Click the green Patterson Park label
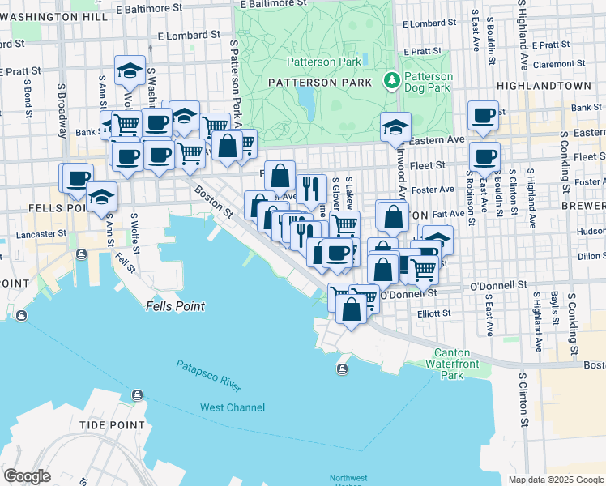click(318, 62)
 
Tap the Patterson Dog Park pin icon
click(393, 80)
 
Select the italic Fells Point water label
click(175, 307)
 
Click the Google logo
click(27, 476)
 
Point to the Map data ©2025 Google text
click(556, 480)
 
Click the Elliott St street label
click(433, 313)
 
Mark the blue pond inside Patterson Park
click(305, 101)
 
